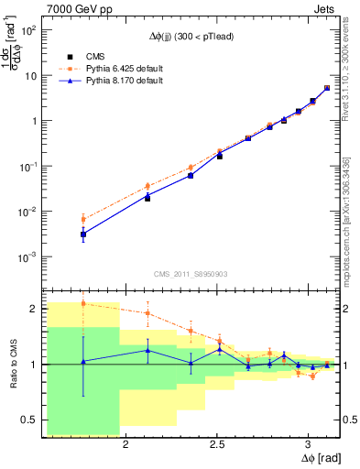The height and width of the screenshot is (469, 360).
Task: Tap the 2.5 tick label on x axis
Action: tap(216, 445)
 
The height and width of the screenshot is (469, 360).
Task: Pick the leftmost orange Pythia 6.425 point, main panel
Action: tap(83, 219)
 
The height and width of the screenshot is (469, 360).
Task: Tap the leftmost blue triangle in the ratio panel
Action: tap(83, 362)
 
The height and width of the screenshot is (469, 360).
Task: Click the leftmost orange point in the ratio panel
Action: tap(83, 303)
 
